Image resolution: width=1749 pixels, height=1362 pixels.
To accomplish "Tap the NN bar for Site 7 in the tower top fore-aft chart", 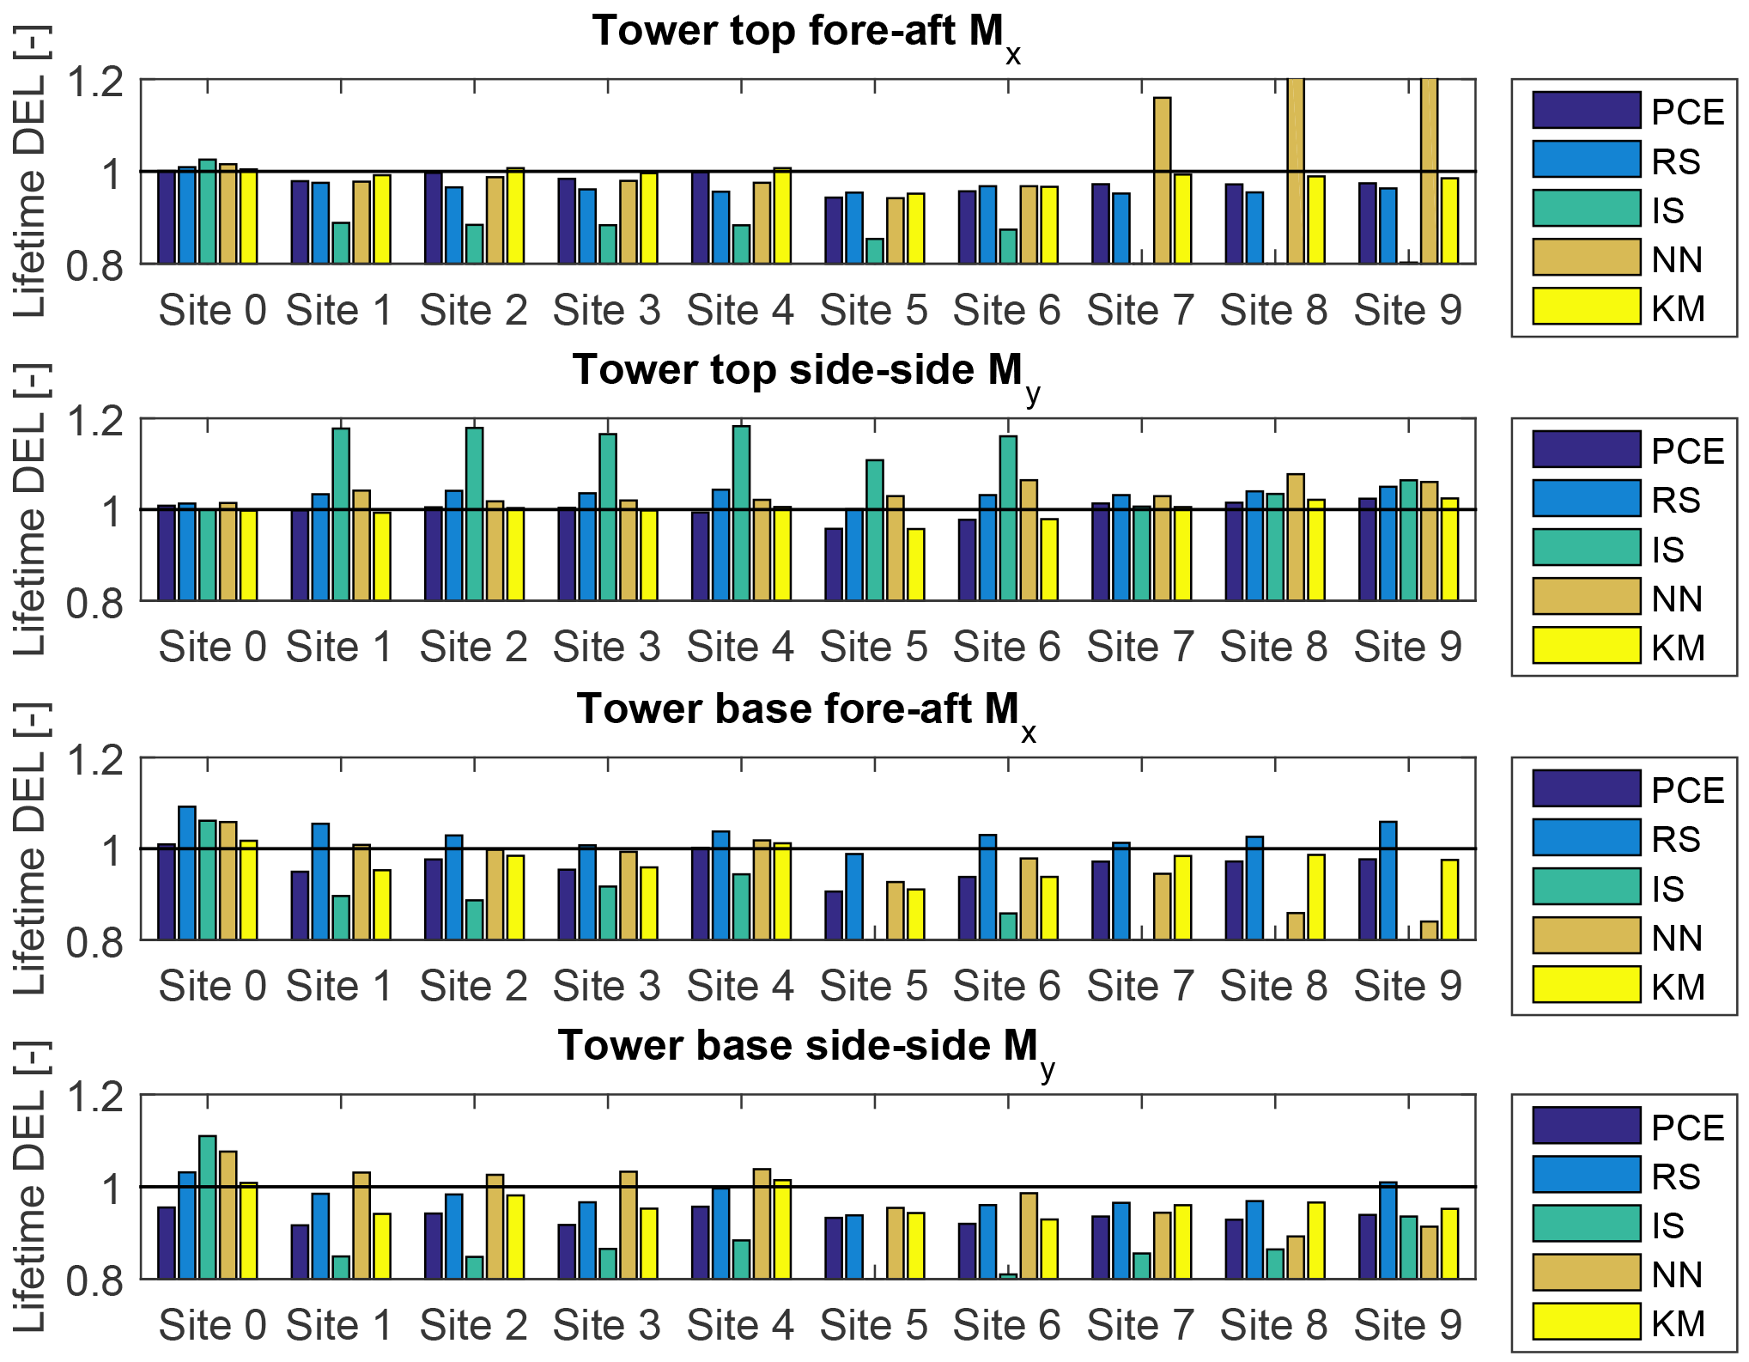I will tap(1162, 180).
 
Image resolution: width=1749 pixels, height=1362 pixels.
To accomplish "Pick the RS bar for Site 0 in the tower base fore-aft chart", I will tap(187, 873).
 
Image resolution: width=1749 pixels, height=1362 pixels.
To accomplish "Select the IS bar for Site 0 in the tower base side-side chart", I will tap(208, 1207).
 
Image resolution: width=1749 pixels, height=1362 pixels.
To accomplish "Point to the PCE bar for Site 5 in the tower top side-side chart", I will tap(834, 564).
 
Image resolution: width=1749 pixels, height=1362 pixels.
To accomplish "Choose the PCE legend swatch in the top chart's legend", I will tap(1586, 110).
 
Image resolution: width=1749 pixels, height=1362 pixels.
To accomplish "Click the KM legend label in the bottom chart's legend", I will tap(1679, 1323).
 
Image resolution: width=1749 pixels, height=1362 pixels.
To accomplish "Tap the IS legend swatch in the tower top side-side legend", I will tap(1586, 547).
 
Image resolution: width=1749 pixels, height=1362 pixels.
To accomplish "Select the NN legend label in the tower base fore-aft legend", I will tap(1677, 938).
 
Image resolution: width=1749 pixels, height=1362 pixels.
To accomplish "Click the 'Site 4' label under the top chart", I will tap(740, 310).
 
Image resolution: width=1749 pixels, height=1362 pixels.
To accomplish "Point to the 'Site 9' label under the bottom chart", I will tap(1408, 1325).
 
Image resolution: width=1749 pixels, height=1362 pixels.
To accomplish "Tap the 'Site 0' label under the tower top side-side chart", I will tap(212, 647).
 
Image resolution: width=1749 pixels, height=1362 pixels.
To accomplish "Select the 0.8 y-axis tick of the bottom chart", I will tap(96, 1280).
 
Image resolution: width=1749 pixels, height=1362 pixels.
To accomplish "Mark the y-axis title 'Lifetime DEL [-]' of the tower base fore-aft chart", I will tap(31, 848).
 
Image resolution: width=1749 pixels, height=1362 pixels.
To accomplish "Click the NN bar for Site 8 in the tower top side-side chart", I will tap(1296, 537).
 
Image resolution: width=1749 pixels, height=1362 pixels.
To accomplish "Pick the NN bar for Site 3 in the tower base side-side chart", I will tap(629, 1225).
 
